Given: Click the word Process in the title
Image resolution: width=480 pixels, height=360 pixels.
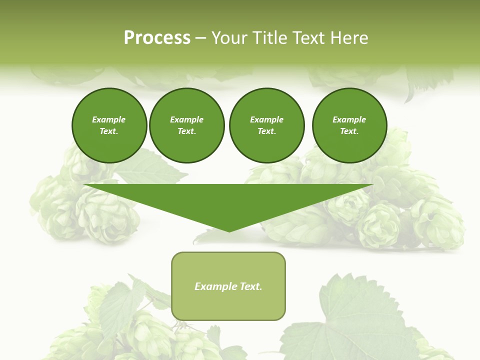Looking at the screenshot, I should (157, 38).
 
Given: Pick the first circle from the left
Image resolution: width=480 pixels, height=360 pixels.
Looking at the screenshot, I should (109, 125).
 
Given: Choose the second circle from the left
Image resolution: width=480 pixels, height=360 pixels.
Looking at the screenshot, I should (187, 125).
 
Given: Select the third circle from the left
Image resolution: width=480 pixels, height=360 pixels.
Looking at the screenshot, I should (266, 125).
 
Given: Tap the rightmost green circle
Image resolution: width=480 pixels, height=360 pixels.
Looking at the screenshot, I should (349, 125).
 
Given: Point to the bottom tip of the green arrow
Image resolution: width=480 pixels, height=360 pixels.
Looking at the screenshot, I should (229, 231).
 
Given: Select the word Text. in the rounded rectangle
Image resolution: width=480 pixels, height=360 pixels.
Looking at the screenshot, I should (250, 286).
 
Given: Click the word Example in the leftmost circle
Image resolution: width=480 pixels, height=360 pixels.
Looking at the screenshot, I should (109, 119).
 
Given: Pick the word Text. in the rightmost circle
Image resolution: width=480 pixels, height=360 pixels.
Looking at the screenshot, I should (349, 131).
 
